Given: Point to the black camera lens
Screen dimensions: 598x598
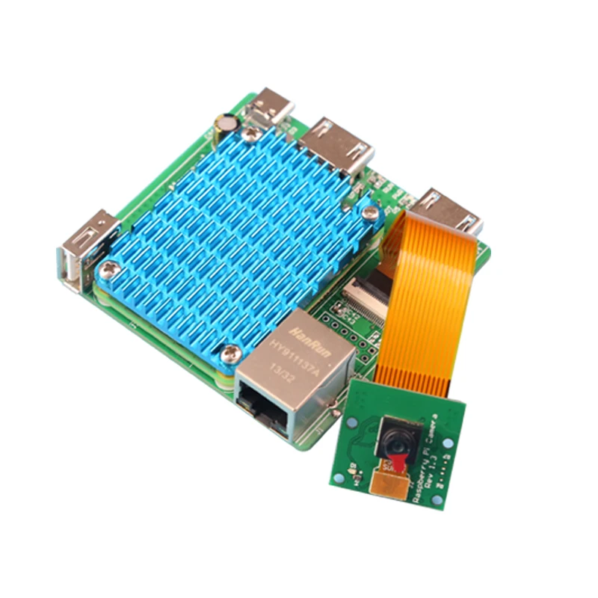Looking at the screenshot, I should [x=397, y=440].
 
